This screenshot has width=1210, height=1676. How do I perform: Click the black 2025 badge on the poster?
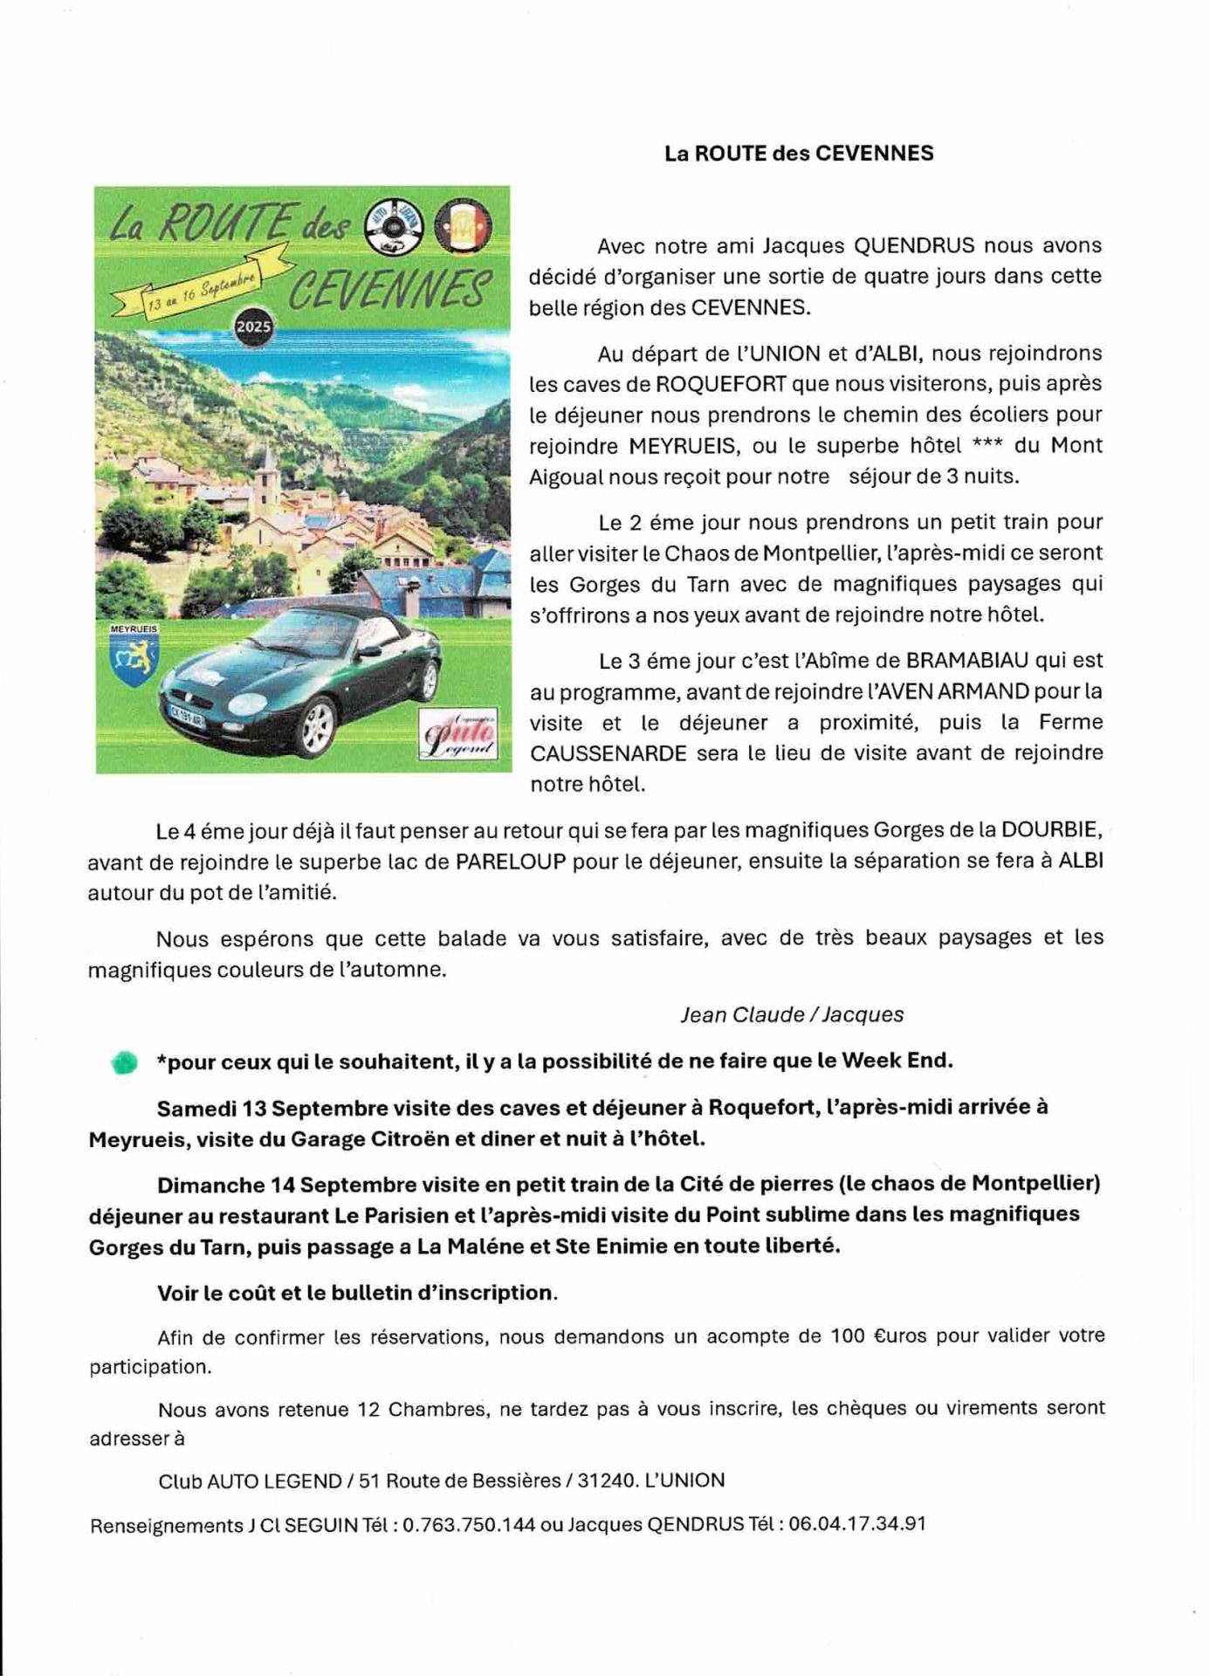coord(253,326)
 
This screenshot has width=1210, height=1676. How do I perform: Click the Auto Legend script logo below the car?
coord(457,734)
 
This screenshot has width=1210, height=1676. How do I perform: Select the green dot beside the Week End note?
coord(124,1061)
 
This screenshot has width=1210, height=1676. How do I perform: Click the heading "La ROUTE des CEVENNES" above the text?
coord(799,154)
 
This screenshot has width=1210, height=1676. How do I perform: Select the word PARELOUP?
coord(510,862)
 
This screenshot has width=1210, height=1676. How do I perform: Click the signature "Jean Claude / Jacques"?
coord(792,1014)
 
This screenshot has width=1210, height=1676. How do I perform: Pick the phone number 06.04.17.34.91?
coord(856,1523)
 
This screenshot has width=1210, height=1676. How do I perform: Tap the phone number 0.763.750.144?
coord(469,1524)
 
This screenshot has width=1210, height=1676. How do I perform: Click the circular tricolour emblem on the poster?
coord(463,228)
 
